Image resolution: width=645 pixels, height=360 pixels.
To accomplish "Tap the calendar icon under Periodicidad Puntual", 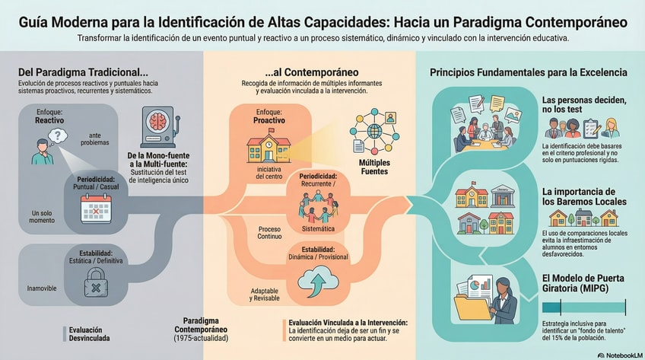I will (97, 206).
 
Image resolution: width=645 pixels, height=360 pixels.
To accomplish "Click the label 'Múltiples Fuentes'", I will (373, 167).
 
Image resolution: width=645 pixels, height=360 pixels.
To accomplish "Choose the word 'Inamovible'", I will (40, 288).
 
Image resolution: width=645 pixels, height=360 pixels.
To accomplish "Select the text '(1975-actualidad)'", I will (201, 336).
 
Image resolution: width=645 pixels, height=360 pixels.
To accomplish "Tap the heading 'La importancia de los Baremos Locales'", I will (584, 196).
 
